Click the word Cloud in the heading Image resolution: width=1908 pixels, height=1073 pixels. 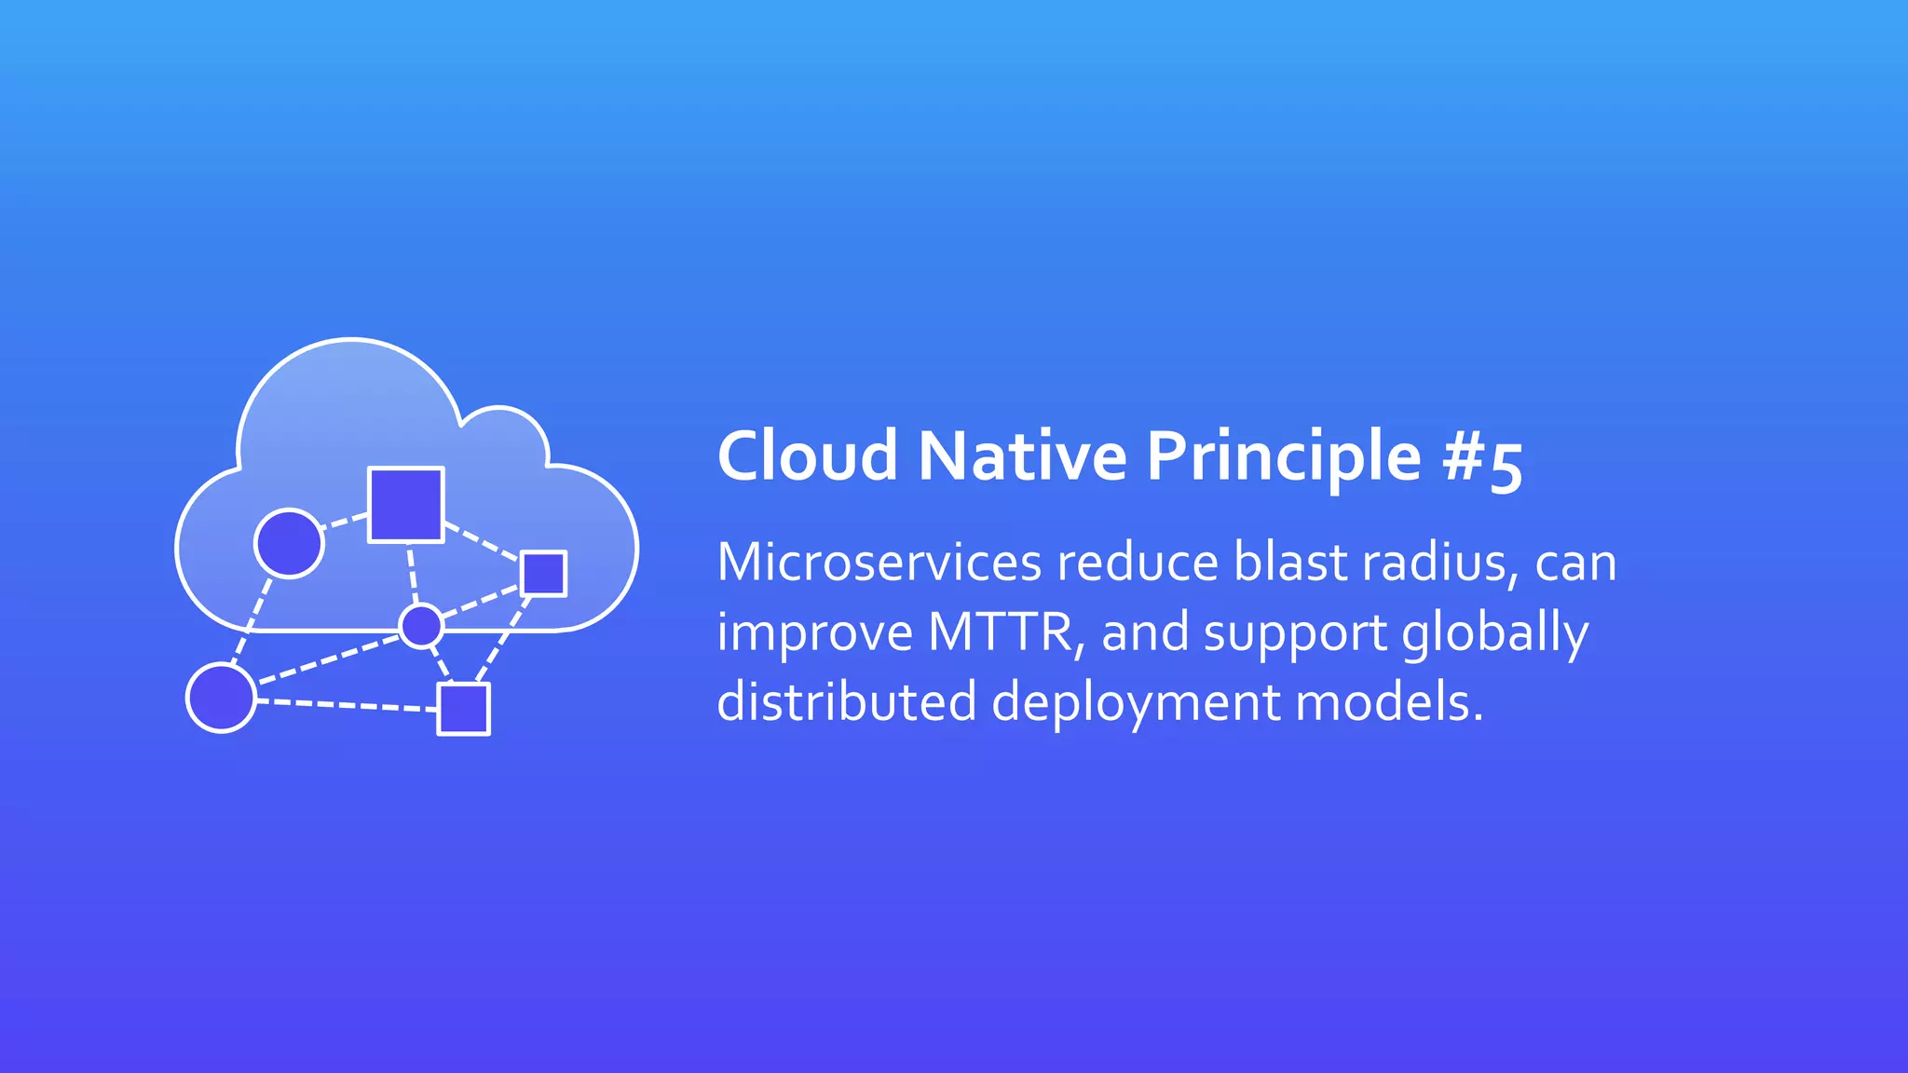click(x=807, y=456)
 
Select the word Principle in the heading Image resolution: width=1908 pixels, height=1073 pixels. click(x=1284, y=458)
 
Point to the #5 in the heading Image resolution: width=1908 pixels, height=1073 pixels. click(x=1482, y=460)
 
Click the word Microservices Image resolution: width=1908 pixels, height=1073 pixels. click(x=879, y=563)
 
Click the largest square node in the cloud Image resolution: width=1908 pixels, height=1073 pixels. click(x=405, y=504)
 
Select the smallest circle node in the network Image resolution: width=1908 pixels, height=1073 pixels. click(x=421, y=625)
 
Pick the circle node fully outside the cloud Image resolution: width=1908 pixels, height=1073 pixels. click(x=221, y=698)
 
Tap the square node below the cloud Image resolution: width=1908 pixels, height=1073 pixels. click(x=464, y=709)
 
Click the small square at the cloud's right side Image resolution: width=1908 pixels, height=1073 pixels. click(x=543, y=573)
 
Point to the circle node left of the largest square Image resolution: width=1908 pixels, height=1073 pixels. click(x=289, y=543)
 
